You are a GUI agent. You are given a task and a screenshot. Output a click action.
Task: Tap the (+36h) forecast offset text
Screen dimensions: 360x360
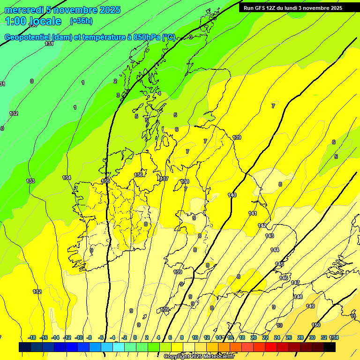[81, 21]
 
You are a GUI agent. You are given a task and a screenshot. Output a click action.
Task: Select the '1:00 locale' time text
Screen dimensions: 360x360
[33, 21]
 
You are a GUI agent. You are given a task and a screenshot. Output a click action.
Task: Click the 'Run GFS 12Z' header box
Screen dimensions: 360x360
[293, 7]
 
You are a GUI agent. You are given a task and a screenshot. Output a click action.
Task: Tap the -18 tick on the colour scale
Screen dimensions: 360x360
[32, 337]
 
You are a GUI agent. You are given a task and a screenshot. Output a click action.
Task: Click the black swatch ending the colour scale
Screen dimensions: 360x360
[330, 347]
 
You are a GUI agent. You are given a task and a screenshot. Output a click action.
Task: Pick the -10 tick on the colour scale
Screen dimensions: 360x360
[79, 337]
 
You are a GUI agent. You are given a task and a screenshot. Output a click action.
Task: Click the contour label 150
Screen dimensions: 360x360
[316, 325]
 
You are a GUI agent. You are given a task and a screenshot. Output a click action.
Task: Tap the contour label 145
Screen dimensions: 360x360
[279, 264]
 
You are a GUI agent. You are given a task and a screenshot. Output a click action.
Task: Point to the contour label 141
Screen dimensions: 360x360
[253, 213]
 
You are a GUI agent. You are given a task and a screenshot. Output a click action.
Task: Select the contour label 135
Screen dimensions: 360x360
[106, 181]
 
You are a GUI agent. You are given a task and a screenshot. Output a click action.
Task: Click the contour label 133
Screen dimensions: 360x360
[30, 181]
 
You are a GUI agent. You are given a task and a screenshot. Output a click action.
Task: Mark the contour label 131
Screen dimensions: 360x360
[49, 44]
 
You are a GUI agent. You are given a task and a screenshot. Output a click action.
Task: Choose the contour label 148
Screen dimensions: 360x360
[298, 297]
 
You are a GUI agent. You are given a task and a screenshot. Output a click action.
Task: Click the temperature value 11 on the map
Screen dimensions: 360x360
[353, 316]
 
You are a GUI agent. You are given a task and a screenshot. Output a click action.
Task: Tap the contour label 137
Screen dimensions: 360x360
[164, 179]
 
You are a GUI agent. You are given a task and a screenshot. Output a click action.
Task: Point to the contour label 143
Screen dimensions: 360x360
[270, 236]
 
